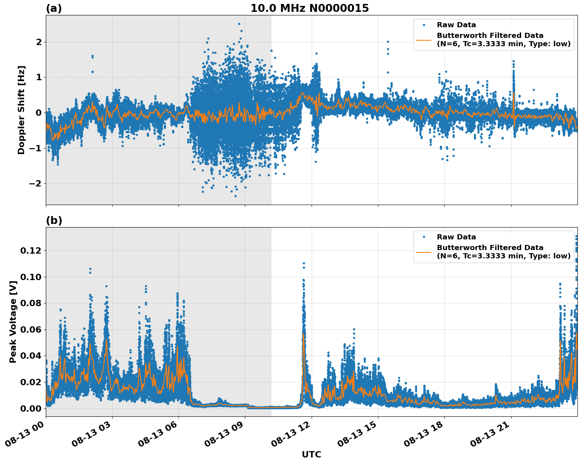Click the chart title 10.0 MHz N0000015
pos(309,8)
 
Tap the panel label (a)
pos(54,8)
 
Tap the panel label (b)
pos(54,220)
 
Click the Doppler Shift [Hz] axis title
pos(21,110)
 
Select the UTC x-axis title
pos(311,454)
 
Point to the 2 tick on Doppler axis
pos(39,42)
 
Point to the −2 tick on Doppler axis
pos(35,183)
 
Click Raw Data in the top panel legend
pos(456,25)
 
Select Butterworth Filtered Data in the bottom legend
pos(490,248)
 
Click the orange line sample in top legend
pos(424,40)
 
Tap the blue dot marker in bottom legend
pos(424,237)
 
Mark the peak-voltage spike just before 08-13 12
pos(303,263)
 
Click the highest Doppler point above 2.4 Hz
pos(239,24)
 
